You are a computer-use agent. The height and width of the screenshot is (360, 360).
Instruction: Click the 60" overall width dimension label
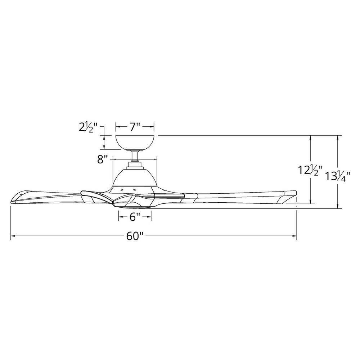[135, 237]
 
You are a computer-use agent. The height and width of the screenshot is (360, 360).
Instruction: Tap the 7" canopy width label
[135, 127]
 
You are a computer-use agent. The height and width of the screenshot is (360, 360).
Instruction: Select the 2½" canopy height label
[87, 127]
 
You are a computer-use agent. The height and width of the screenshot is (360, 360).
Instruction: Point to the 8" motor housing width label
[103, 159]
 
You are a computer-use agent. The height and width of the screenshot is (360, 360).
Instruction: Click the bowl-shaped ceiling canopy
[135, 142]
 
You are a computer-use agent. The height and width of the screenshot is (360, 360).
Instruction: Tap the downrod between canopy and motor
[135, 156]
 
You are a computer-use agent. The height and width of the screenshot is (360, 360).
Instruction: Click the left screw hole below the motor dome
[122, 189]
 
